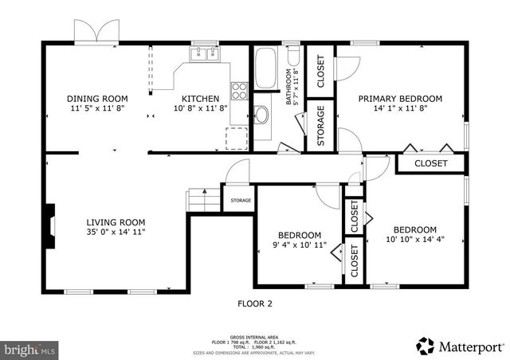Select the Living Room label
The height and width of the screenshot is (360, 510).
click(116, 222)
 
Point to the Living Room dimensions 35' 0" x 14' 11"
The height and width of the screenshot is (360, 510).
click(116, 233)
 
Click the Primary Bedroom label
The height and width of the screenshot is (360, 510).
click(399, 100)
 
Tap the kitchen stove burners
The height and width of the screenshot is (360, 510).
click(239, 89)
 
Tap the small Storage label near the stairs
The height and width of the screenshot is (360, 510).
click(241, 201)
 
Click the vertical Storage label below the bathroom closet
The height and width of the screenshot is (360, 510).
click(320, 127)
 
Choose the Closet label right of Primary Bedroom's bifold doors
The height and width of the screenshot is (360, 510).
click(430, 163)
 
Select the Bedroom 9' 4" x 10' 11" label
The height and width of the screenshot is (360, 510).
click(299, 235)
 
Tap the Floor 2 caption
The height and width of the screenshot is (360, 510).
click(255, 303)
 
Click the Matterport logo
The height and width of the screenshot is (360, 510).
click(460, 347)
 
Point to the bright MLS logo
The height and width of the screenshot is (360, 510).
click(30, 349)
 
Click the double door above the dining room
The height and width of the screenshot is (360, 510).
click(96, 32)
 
